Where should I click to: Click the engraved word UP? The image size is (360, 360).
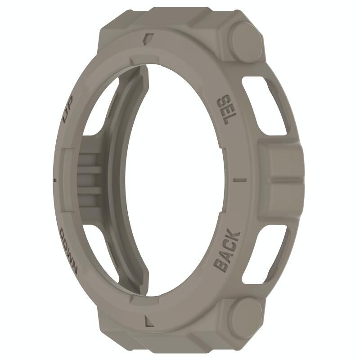(x=68, y=109)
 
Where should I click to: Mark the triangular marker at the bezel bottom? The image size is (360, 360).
(x=149, y=321)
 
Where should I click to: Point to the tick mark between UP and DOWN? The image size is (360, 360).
(x=55, y=180)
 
